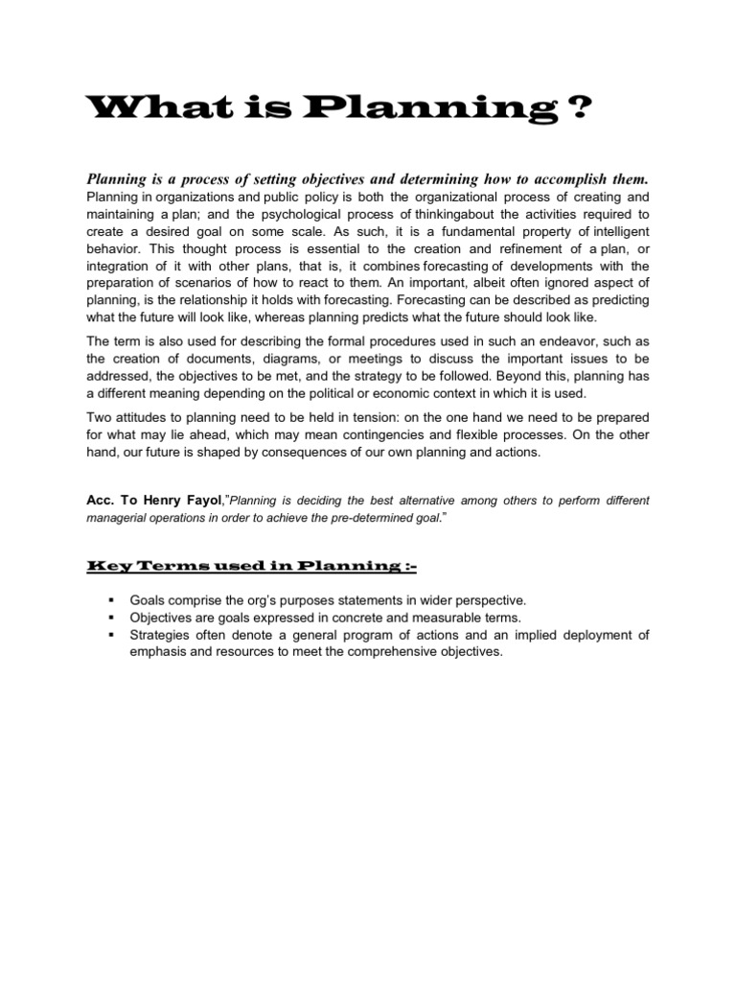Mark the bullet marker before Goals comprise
pyautogui.click(x=113, y=600)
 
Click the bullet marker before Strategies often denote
pyautogui.click(x=113, y=635)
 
